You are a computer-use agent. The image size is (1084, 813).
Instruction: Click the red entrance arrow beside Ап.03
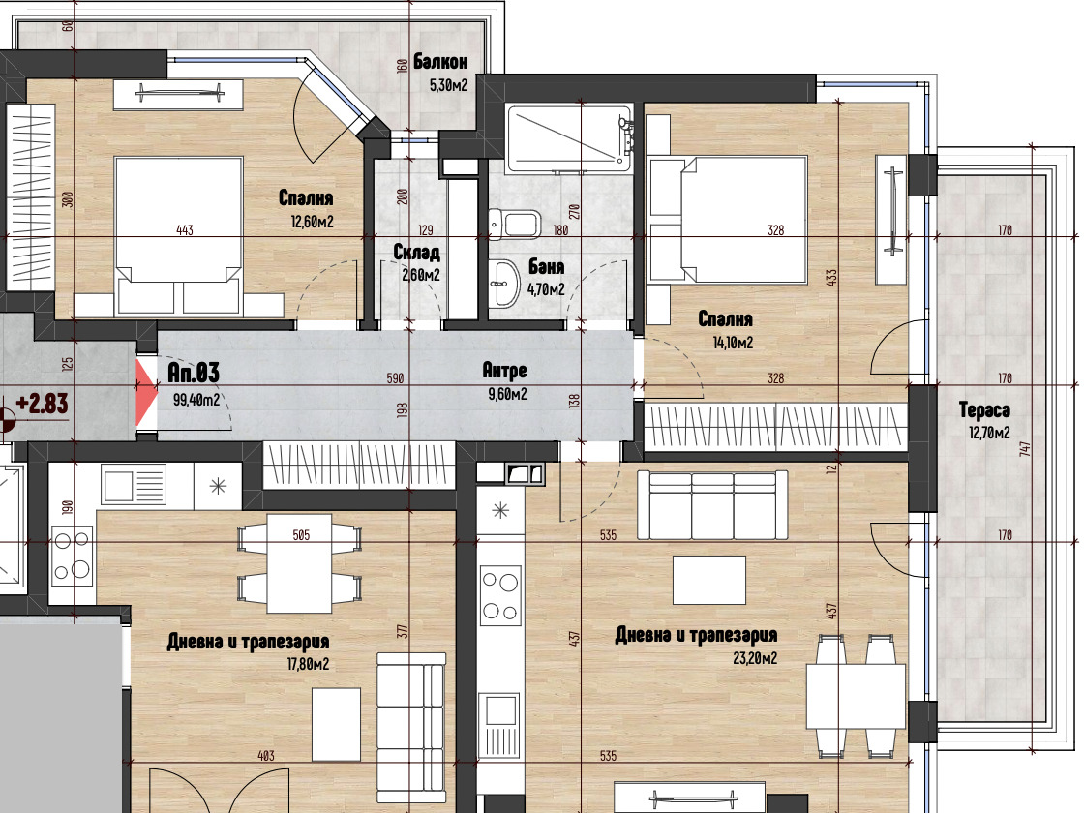pos(145,393)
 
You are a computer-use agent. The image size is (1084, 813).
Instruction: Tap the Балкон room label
pos(440,62)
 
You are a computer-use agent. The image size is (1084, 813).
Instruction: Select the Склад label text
pos(417,252)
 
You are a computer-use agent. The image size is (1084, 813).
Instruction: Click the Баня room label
pos(546,266)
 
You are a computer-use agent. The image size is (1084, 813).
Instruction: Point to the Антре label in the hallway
pos(504,371)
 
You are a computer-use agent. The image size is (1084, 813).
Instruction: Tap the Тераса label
pos(984,410)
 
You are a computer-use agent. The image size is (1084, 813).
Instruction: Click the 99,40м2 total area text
pos(196,400)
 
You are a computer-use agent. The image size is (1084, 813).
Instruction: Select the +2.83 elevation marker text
pos(43,403)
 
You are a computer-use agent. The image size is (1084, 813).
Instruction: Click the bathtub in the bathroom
pos(569,138)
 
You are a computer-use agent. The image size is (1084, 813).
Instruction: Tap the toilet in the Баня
pos(514,224)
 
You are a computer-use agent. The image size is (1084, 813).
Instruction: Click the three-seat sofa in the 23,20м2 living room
pos(712,505)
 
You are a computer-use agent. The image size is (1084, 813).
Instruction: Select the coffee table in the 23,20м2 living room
pos(709,580)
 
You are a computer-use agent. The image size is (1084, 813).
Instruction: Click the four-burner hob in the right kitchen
pos(500,595)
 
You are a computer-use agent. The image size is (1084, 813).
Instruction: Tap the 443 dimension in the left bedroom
pos(185,230)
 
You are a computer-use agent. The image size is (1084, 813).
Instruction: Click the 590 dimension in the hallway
pos(395,378)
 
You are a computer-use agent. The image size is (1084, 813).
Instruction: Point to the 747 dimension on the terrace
pos(1025,448)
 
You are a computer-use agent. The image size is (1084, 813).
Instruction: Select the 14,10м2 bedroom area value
pos(733,343)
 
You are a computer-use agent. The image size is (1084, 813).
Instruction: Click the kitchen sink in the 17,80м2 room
pos(134,483)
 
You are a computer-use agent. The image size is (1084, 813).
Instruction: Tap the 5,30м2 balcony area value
pos(449,86)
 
